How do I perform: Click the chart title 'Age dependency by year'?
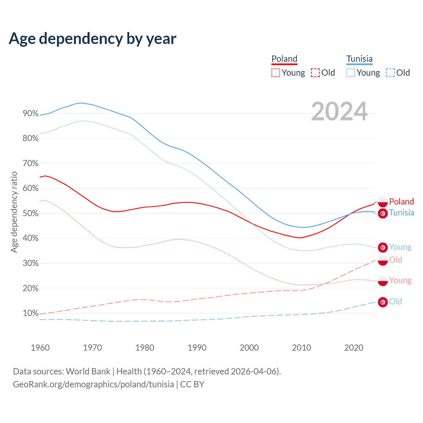click(93, 39)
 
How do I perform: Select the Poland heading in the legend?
click(284, 59)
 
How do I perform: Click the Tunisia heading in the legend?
click(359, 59)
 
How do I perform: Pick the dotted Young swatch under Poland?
click(275, 73)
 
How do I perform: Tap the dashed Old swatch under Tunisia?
click(390, 73)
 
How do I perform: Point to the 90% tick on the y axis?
click(31, 114)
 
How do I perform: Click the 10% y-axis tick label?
click(31, 313)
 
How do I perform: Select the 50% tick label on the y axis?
click(31, 213)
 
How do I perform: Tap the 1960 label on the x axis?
click(40, 348)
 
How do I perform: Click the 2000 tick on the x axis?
click(249, 348)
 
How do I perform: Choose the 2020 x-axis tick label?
click(354, 348)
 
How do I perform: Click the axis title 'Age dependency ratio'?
click(14, 212)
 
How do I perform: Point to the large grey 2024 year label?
click(339, 112)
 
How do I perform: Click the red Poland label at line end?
click(402, 202)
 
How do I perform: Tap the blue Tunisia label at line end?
click(402, 212)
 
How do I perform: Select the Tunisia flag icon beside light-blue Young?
click(383, 247)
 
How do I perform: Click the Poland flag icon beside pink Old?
click(383, 260)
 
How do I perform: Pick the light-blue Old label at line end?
click(396, 301)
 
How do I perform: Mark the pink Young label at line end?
click(400, 281)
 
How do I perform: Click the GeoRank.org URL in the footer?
click(94, 384)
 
